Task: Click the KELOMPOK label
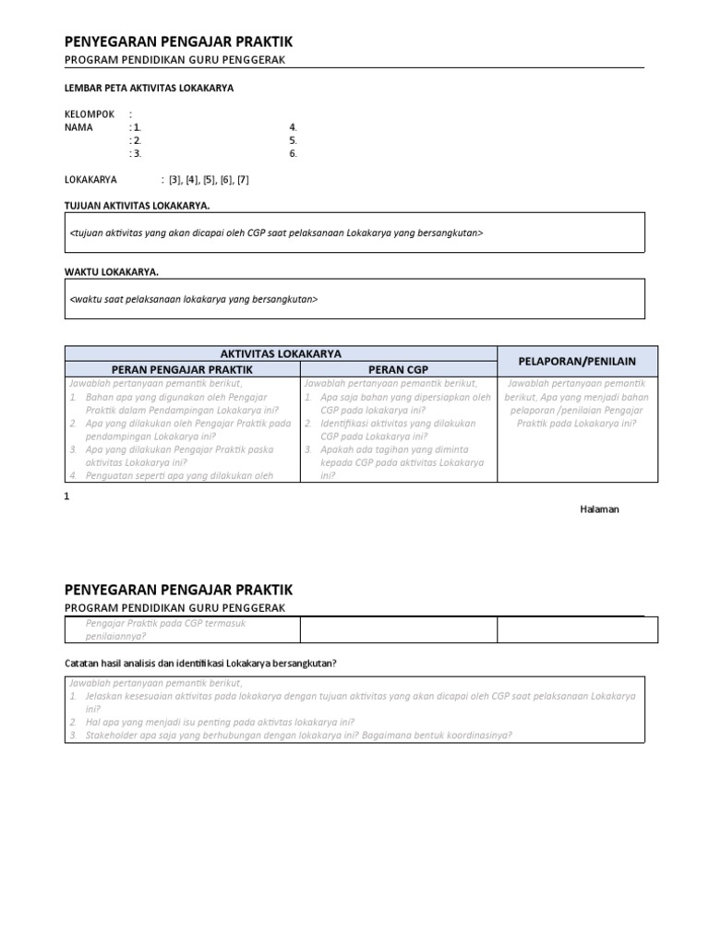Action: (x=90, y=114)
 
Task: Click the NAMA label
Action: (x=78, y=127)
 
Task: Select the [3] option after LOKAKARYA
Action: (x=175, y=180)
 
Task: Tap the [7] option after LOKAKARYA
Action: (x=243, y=180)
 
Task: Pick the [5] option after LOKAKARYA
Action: (x=210, y=180)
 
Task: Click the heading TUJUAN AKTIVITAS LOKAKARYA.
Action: (x=137, y=205)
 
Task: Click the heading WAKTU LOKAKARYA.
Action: (x=111, y=272)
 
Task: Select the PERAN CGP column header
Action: (x=399, y=369)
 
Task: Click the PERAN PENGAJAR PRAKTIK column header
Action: (x=182, y=369)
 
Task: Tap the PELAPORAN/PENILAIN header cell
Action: (x=577, y=361)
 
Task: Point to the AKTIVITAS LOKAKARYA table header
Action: (x=281, y=353)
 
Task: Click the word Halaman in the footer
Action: (x=599, y=509)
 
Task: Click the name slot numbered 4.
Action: (x=293, y=127)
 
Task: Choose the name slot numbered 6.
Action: (x=293, y=153)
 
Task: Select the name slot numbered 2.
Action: (x=136, y=140)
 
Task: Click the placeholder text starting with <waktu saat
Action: (x=194, y=299)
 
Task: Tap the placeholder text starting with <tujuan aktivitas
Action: (x=276, y=233)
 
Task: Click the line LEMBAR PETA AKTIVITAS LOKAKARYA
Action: (x=149, y=89)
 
